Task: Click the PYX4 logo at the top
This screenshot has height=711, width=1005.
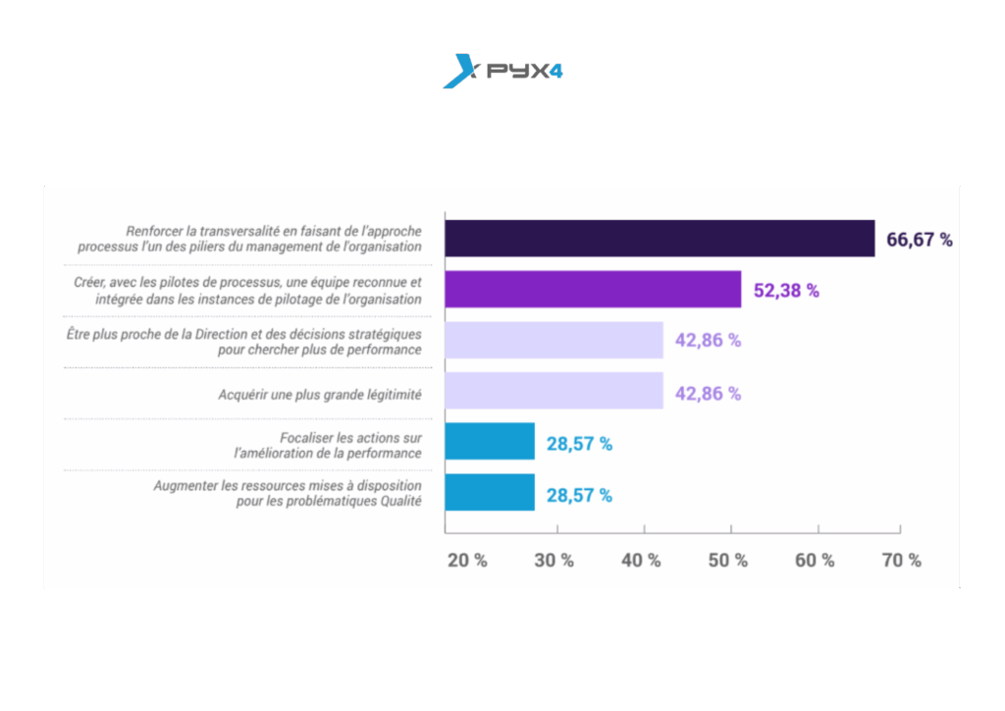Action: [x=502, y=72]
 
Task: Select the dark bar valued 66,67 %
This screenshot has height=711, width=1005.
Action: [x=660, y=239]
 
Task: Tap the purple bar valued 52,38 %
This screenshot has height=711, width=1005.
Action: [x=593, y=290]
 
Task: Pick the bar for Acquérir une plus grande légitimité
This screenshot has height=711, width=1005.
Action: [x=554, y=392]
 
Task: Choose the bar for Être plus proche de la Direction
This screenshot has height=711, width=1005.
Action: [x=554, y=341]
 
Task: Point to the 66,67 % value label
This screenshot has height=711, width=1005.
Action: [x=920, y=240]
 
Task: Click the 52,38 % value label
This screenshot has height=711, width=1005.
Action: [x=786, y=291]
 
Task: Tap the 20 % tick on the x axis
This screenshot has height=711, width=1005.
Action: [x=467, y=561]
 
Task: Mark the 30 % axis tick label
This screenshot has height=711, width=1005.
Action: [x=555, y=561]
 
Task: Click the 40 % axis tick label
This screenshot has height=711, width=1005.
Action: [x=641, y=561]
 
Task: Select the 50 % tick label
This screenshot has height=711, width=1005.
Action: [x=727, y=561]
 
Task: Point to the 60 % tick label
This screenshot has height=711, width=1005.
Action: [x=815, y=561]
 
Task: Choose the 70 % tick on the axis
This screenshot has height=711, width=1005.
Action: [x=901, y=561]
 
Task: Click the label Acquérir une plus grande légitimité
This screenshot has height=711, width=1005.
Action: [x=320, y=395]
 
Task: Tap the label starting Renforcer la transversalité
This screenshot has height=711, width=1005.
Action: [x=250, y=240]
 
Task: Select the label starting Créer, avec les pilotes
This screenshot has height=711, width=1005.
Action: [x=247, y=291]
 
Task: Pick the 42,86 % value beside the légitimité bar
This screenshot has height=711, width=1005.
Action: [x=708, y=394]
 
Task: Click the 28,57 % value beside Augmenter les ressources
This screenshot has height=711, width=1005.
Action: [x=579, y=495]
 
